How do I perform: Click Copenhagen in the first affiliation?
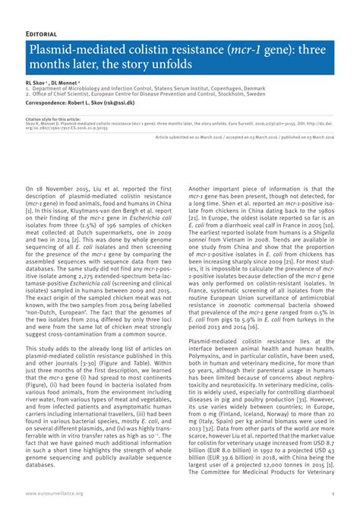[228, 89]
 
